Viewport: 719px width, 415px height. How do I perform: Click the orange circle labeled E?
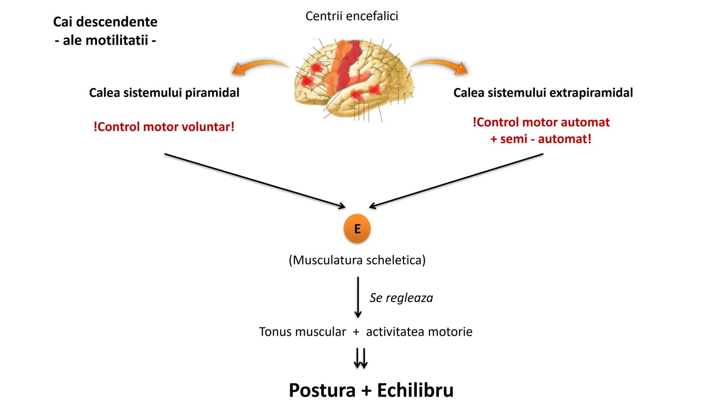click(357, 229)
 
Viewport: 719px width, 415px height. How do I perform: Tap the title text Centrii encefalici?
click(351, 16)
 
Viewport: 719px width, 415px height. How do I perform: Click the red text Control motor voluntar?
click(164, 127)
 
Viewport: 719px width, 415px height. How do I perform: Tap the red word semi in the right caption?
click(514, 139)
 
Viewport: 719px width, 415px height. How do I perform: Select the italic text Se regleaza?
click(401, 298)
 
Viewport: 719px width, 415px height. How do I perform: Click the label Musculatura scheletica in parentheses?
click(357, 260)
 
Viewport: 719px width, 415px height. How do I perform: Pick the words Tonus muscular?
click(302, 332)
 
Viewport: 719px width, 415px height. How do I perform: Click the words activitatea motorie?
click(419, 332)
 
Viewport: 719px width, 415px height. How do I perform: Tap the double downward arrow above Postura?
click(361, 358)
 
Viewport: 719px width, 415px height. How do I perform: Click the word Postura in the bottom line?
click(322, 390)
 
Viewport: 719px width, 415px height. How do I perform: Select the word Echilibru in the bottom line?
click(415, 390)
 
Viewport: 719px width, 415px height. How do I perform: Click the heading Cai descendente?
click(105, 22)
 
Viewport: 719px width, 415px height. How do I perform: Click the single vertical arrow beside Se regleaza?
click(358, 297)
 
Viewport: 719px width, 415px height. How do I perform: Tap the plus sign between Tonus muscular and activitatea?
click(356, 332)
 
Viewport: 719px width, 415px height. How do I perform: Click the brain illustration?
click(353, 79)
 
